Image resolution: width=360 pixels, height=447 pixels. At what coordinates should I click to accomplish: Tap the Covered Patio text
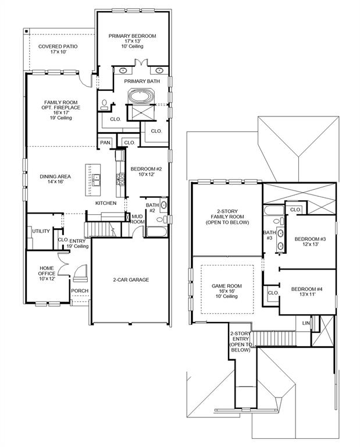58,49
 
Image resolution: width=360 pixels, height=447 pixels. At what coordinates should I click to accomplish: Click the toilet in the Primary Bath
105,105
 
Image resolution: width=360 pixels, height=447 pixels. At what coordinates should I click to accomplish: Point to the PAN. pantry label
105,143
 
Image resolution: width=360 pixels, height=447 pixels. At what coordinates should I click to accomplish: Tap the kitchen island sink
95,178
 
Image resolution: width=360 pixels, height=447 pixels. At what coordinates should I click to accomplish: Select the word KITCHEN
106,203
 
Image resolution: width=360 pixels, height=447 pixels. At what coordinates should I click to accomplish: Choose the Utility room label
41,232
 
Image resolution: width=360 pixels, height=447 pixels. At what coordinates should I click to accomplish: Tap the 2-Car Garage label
131,280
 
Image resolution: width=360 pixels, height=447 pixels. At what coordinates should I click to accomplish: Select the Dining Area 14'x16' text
55,179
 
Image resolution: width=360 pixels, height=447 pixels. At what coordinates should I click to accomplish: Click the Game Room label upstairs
225,290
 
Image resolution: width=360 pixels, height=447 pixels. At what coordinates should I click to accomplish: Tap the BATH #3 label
269,236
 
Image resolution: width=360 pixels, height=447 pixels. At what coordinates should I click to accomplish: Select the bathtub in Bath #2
156,232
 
